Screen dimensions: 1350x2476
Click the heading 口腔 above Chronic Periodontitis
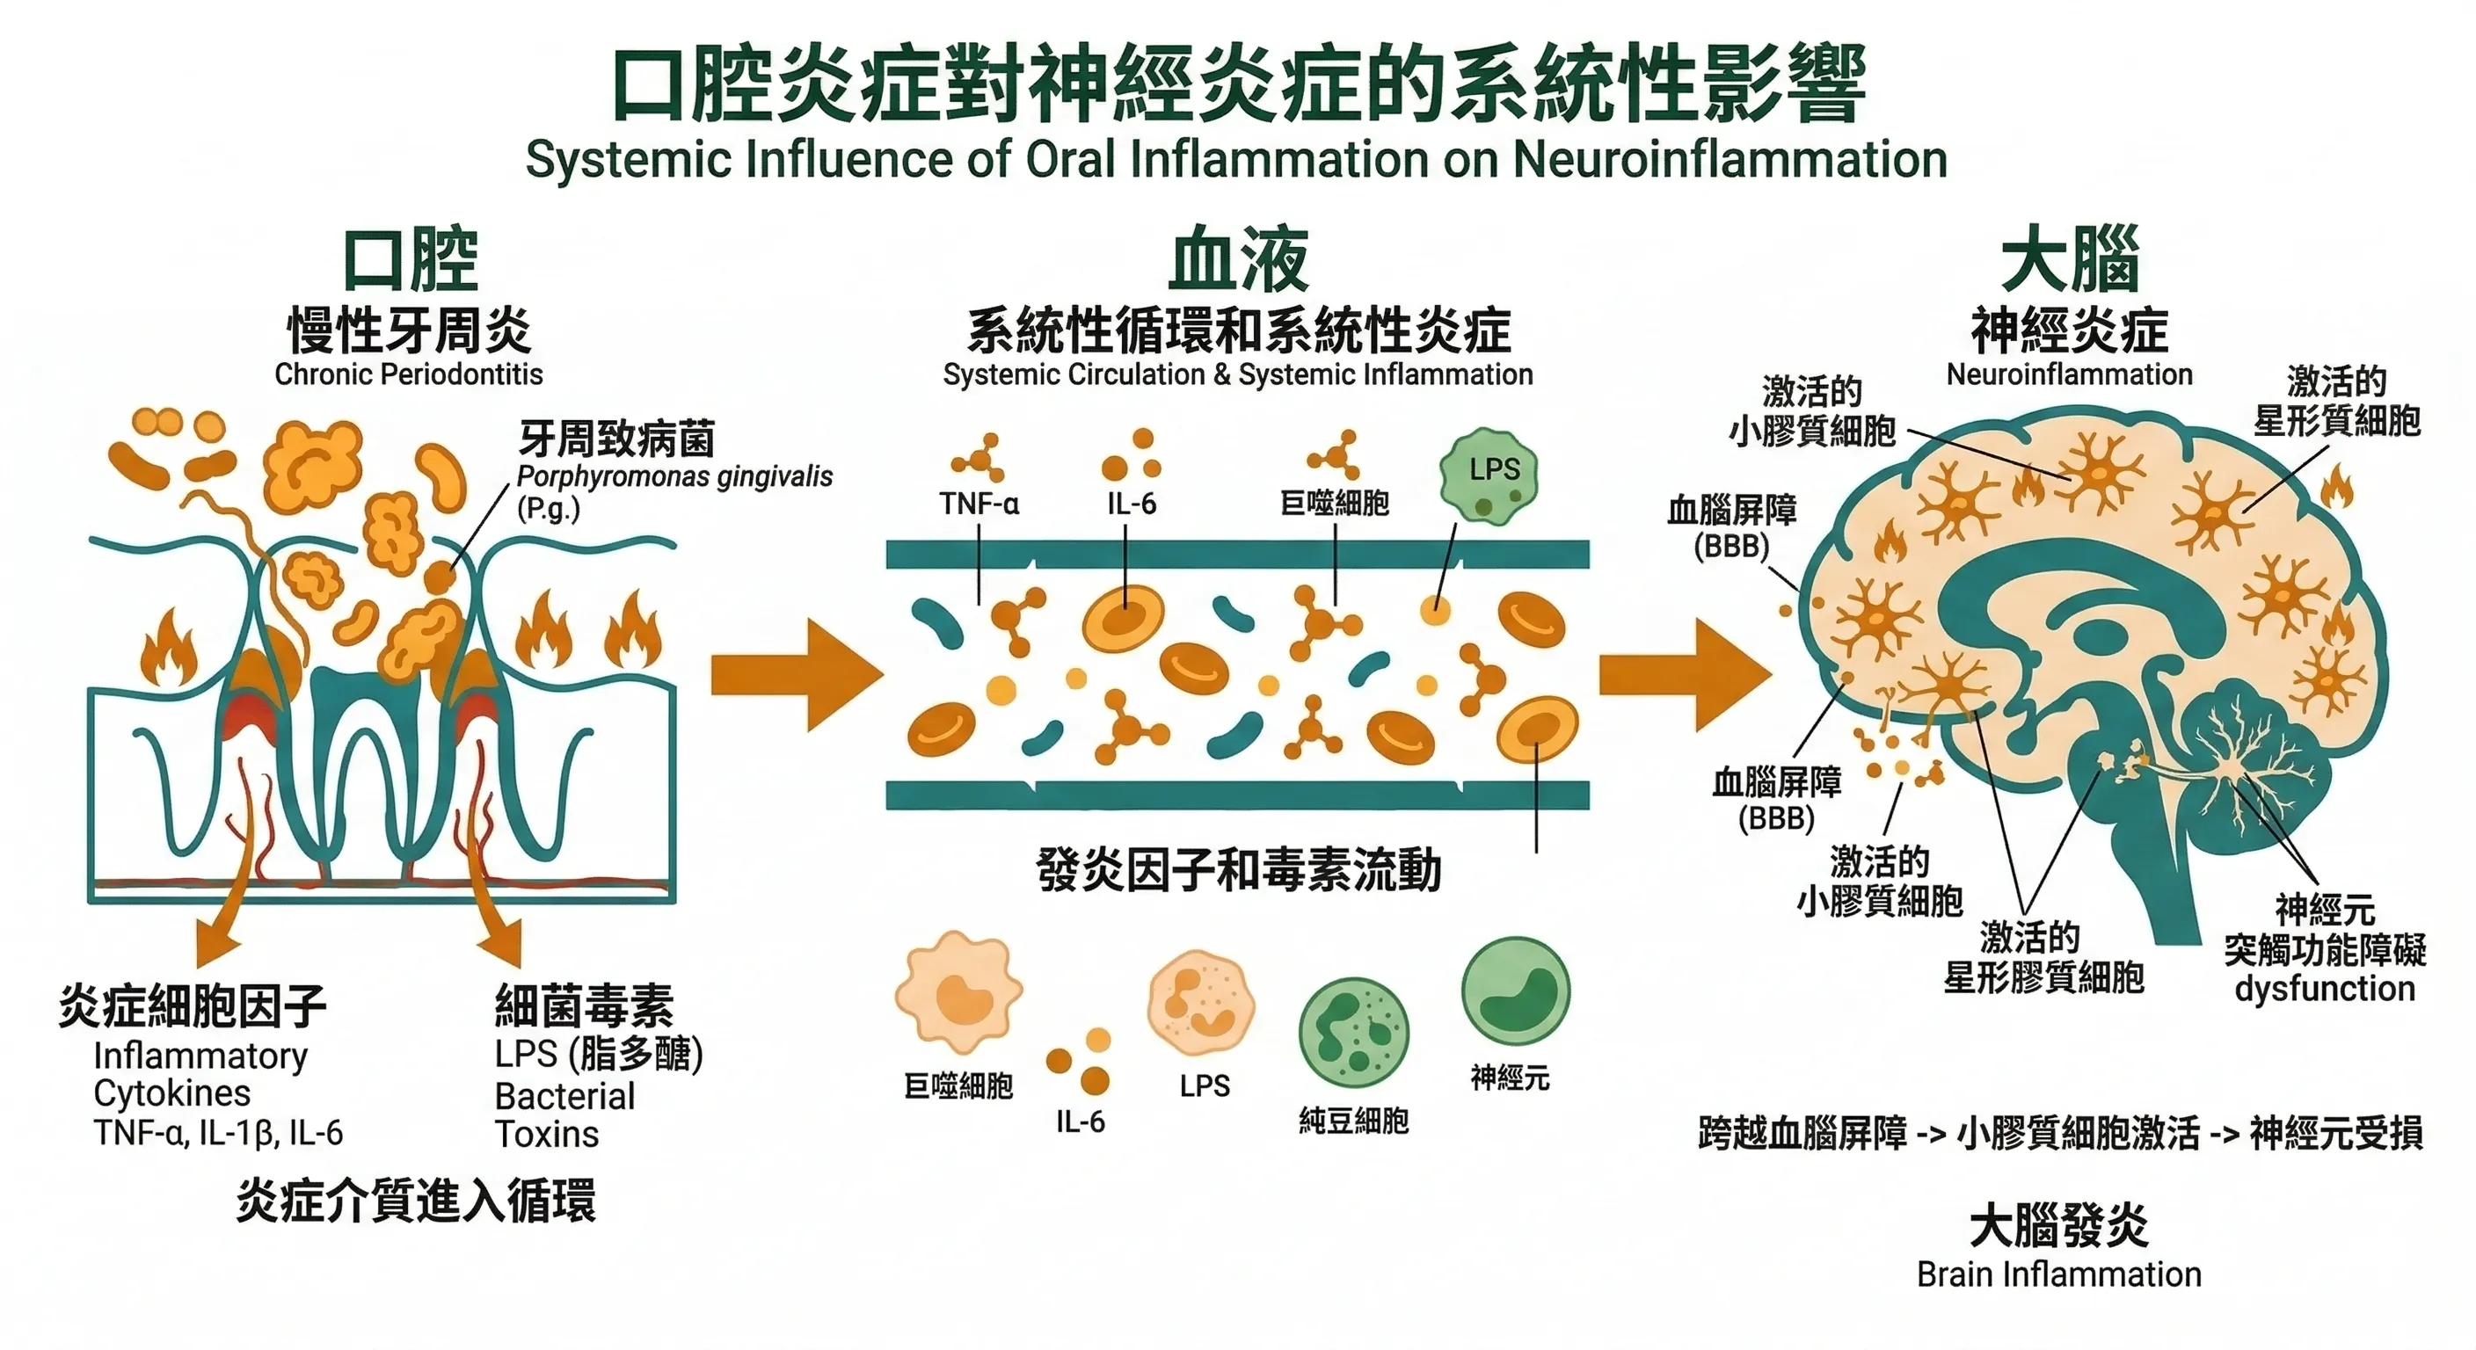[x=411, y=259]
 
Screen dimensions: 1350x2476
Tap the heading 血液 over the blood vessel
[x=1238, y=259]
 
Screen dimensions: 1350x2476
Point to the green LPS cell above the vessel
[x=1489, y=477]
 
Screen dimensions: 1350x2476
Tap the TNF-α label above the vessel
[x=979, y=504]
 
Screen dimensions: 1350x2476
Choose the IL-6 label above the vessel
[x=1131, y=504]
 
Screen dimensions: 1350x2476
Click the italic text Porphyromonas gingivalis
[x=674, y=476]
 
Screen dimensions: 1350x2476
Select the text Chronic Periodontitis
[x=409, y=374]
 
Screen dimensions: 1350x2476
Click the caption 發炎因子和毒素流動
[x=1238, y=870]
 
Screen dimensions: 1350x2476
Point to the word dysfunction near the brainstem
[x=2324, y=989]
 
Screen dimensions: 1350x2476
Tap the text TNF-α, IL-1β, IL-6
[x=218, y=1133]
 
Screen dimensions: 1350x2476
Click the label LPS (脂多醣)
[x=599, y=1054]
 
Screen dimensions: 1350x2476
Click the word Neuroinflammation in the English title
[x=1730, y=159]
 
